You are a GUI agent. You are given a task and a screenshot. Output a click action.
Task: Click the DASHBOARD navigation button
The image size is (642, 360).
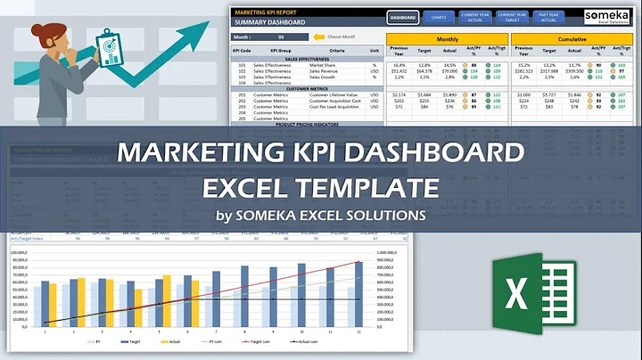[x=403, y=17]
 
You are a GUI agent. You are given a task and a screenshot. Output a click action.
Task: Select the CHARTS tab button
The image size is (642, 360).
[x=437, y=17]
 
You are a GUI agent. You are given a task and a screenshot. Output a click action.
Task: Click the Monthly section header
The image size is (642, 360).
[x=447, y=40]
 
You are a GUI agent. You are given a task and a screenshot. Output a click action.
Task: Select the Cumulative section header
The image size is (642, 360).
[x=573, y=40]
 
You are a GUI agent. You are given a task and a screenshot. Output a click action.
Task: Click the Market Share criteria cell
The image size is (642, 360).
[x=322, y=65]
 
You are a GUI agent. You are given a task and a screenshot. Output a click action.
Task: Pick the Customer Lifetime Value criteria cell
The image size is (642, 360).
[x=333, y=94]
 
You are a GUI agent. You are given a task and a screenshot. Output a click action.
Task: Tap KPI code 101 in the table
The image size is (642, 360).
[x=241, y=65]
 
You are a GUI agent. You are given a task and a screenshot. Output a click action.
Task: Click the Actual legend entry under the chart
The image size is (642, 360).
[x=166, y=341]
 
